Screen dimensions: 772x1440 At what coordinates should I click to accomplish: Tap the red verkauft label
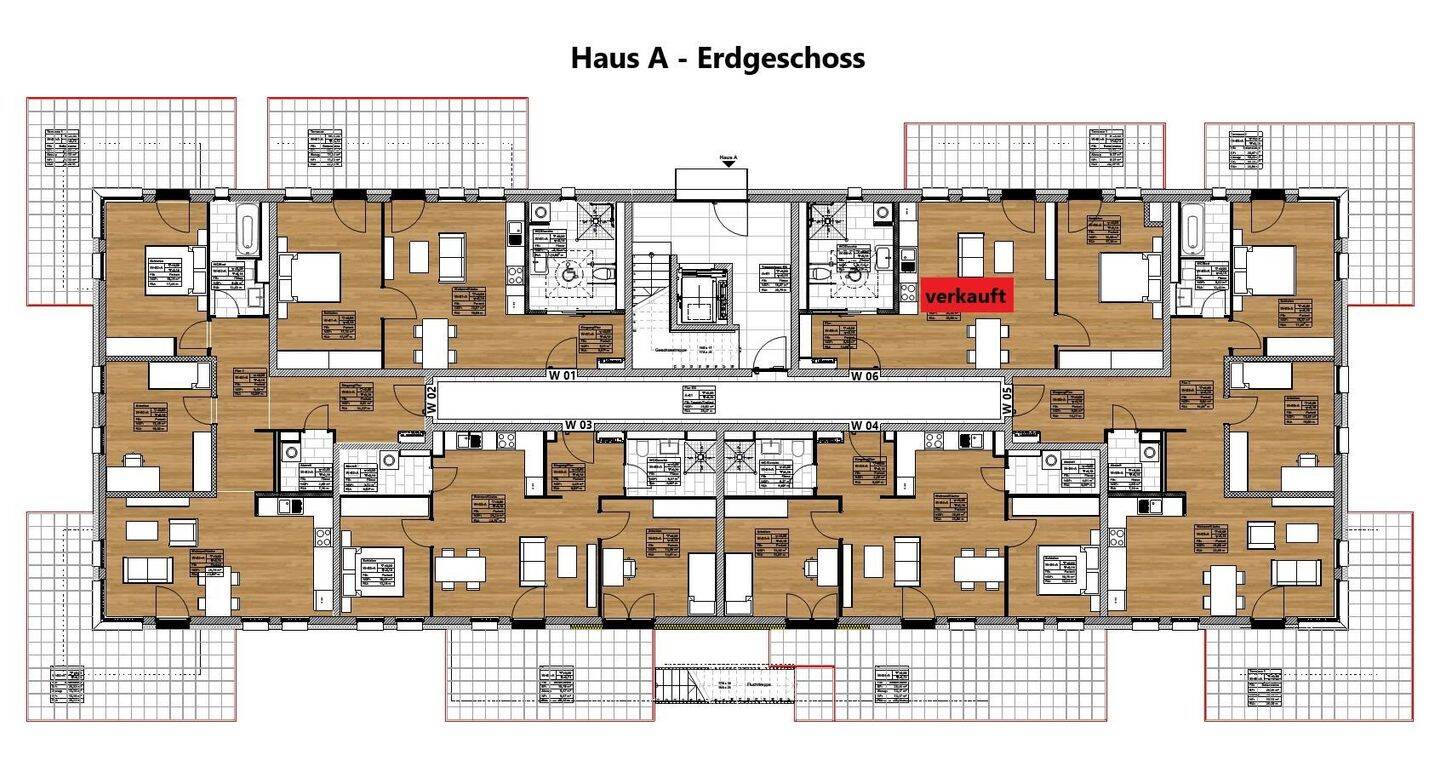967,297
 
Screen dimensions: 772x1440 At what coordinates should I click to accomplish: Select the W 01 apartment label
563,376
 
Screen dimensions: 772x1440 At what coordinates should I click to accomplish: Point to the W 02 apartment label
432,401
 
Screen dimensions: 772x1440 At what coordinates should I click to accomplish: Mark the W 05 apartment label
1007,401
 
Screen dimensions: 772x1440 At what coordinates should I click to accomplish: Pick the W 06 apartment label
865,376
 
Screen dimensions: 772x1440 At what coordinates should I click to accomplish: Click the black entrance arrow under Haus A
729,164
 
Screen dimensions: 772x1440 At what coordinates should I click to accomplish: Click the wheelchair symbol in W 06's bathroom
857,275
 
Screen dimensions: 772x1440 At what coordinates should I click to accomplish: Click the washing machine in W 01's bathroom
541,213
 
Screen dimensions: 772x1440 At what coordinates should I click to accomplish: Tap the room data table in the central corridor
689,400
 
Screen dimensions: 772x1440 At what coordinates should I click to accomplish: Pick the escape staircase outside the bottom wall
720,685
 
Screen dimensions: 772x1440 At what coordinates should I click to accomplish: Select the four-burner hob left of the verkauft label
908,292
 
